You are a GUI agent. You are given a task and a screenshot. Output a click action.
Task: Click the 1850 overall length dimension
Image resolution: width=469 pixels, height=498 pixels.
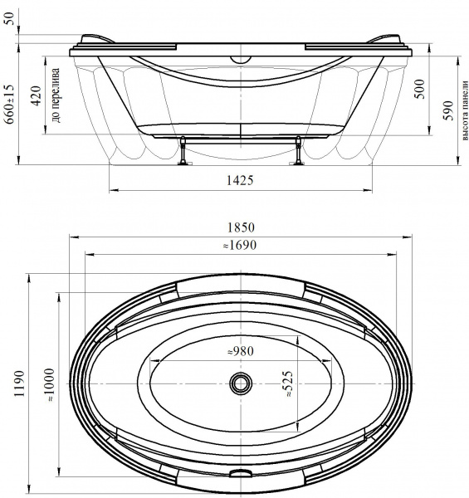tap(241, 227)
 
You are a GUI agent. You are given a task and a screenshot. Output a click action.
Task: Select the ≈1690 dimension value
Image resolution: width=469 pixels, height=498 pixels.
tap(240, 245)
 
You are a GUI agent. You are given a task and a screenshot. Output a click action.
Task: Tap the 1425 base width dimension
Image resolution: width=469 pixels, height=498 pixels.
tap(240, 180)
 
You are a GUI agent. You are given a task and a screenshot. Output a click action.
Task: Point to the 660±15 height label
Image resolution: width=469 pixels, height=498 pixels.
tap(9, 104)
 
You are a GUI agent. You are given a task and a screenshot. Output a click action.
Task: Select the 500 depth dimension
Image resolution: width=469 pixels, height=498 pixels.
tap(419, 90)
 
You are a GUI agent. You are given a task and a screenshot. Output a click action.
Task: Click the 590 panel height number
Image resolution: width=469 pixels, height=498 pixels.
tap(448, 110)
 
